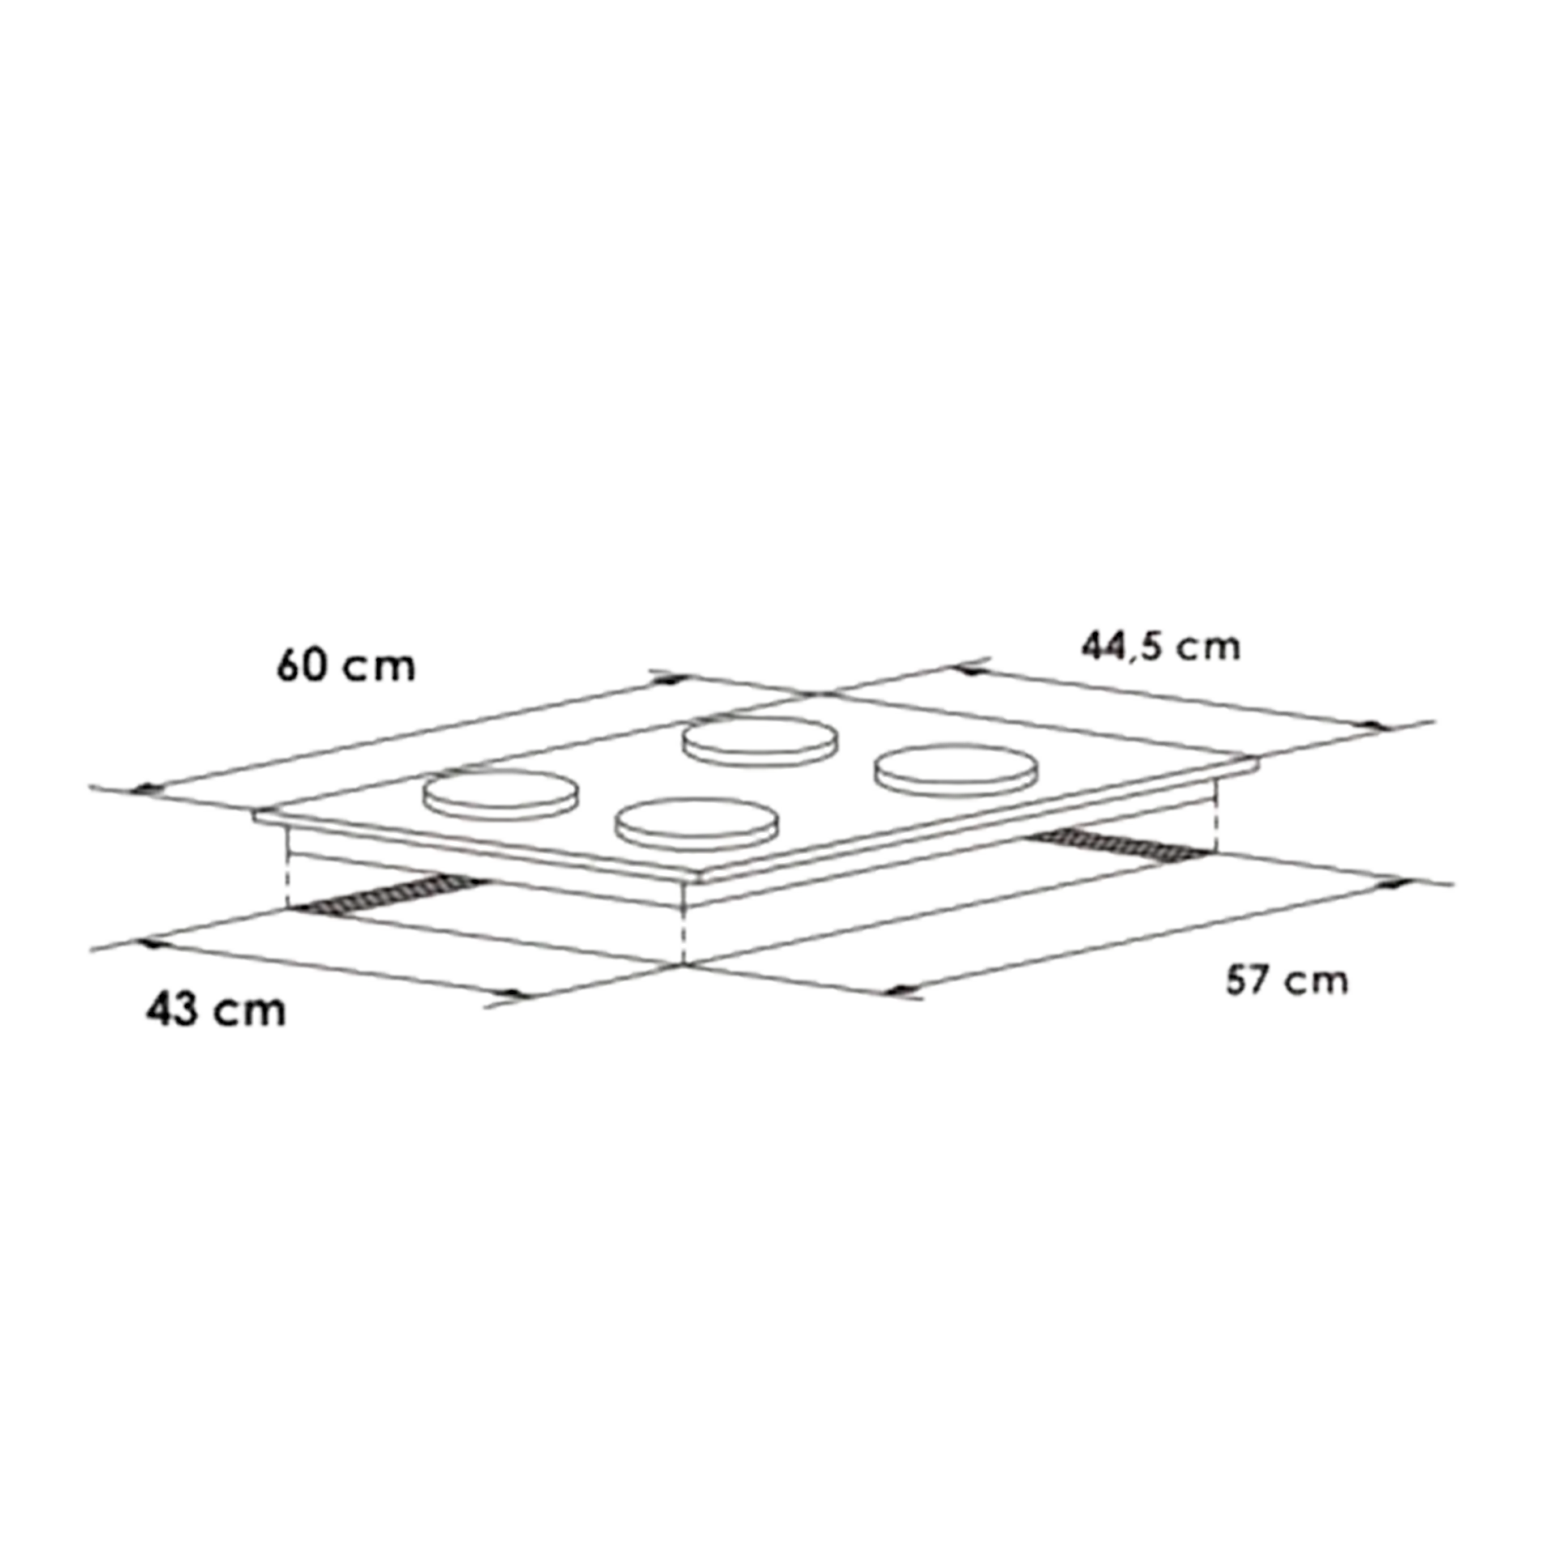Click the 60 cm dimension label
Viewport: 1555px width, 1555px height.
click(346, 666)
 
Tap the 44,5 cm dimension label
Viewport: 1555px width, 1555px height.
click(1161, 647)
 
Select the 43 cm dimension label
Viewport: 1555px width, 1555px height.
click(216, 1010)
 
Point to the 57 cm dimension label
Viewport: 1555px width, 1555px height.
click(1286, 980)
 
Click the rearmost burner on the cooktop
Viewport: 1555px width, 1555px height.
click(760, 740)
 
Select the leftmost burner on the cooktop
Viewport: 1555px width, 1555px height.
click(501, 795)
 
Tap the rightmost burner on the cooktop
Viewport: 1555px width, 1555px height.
click(955, 768)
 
